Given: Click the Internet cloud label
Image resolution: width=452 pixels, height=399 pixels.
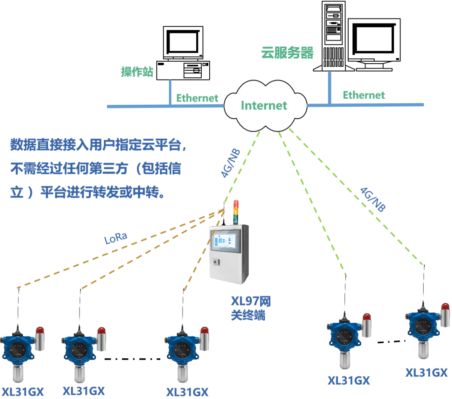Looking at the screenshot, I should click(264, 105).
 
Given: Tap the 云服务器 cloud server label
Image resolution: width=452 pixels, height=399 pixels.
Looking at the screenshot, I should click(287, 53).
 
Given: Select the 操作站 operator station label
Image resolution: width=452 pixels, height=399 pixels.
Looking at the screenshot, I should click(137, 72).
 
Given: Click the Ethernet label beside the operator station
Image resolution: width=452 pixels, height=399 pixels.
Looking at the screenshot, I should click(197, 98).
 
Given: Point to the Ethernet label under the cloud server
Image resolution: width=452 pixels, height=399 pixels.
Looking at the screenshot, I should click(364, 95).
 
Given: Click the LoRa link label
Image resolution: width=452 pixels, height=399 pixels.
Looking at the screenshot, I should click(116, 239).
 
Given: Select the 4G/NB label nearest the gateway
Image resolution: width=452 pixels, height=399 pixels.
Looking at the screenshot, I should click(231, 163).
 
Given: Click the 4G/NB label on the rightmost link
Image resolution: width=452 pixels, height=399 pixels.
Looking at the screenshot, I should click(373, 198).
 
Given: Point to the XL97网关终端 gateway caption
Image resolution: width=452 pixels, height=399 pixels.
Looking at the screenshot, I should click(251, 308).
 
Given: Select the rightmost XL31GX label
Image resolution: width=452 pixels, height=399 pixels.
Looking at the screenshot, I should click(426, 373).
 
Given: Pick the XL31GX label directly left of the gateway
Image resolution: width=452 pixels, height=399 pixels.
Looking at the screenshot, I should click(187, 392).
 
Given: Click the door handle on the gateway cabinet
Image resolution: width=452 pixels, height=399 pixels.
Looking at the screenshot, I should click(216, 262).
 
